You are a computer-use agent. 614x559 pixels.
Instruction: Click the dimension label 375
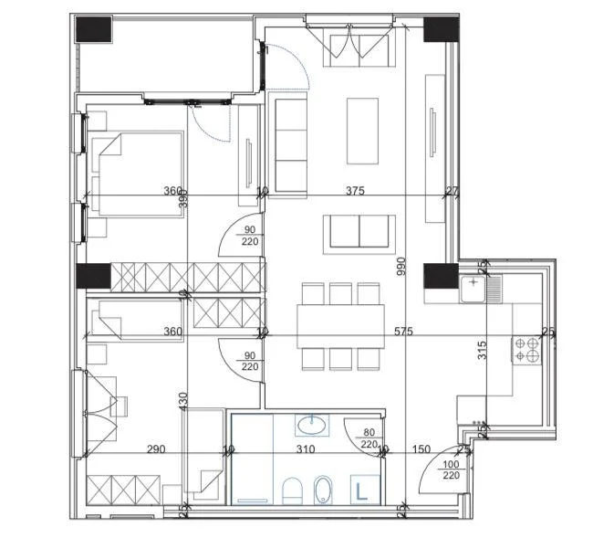(x=356, y=191)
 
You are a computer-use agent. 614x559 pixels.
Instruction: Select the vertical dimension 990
(x=400, y=266)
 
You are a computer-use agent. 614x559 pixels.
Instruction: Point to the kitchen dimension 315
(x=483, y=351)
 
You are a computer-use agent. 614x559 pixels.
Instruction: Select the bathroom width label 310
(x=305, y=449)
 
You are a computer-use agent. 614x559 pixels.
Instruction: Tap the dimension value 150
(x=421, y=449)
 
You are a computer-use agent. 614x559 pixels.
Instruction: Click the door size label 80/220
(x=369, y=439)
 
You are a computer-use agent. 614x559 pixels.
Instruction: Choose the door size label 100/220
(x=450, y=469)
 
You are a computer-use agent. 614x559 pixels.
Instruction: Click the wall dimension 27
(x=452, y=191)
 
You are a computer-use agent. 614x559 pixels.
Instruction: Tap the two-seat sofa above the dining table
(x=362, y=231)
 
